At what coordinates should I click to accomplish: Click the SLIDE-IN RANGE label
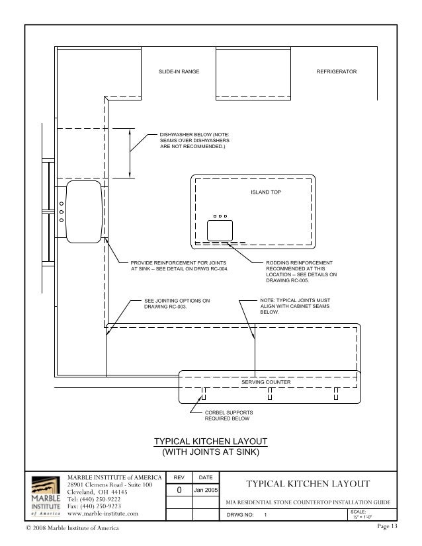(x=179, y=71)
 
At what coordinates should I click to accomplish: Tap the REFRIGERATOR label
(x=337, y=71)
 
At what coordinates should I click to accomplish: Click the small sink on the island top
(x=220, y=230)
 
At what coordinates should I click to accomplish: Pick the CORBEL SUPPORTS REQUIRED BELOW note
(x=227, y=416)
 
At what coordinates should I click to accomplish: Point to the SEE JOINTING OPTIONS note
(x=177, y=303)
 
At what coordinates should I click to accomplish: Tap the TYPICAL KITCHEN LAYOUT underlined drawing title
(x=211, y=442)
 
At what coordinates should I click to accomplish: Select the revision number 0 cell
(x=179, y=490)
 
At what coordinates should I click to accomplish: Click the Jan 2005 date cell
(x=206, y=490)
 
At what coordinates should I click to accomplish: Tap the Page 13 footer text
(x=388, y=527)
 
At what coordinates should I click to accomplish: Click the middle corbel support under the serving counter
(x=270, y=394)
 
